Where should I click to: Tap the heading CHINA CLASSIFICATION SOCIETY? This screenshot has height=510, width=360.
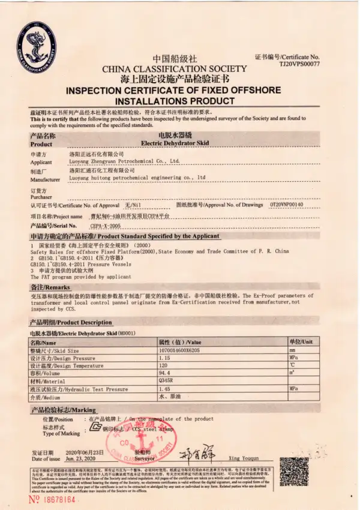click(174, 69)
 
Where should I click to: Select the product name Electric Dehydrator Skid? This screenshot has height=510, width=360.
click(175, 144)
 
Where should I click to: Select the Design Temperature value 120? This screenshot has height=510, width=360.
click(162, 365)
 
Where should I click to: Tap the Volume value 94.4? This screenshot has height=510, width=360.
click(163, 373)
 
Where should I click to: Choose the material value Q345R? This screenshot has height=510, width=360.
click(165, 381)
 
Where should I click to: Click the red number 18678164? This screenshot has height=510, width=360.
click(52, 499)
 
